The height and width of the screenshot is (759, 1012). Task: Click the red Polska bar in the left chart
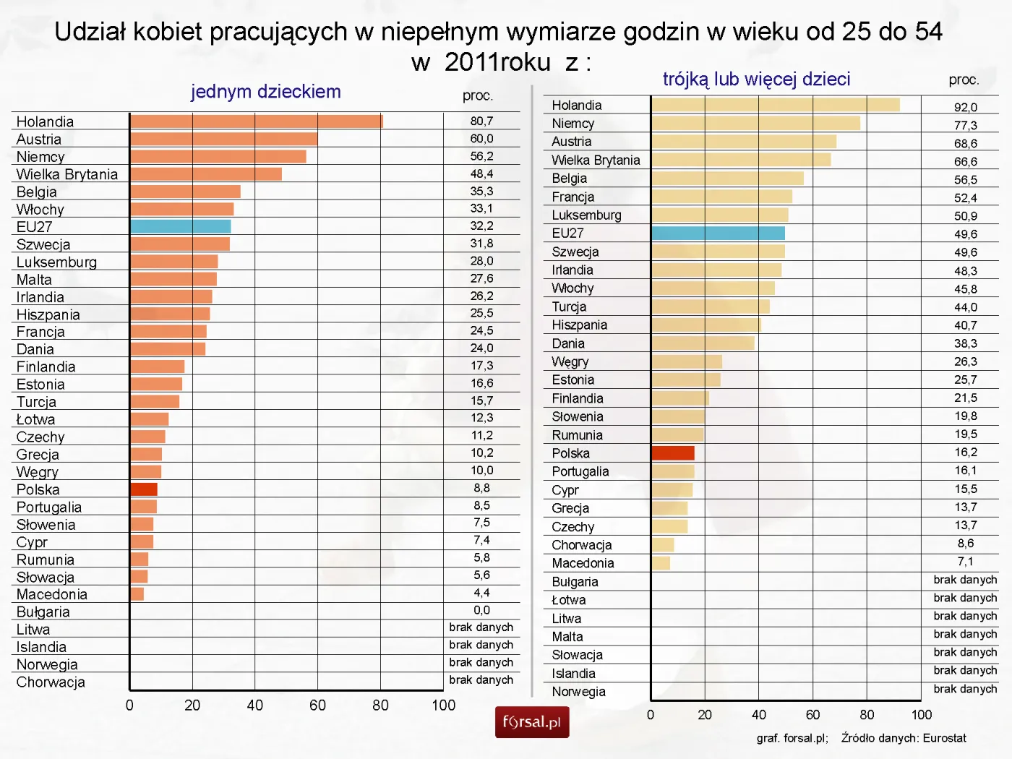click(x=144, y=489)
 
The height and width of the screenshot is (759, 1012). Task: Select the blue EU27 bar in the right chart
click(x=718, y=233)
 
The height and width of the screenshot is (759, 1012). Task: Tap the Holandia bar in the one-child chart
click(x=257, y=121)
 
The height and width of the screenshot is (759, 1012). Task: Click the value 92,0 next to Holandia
click(x=965, y=107)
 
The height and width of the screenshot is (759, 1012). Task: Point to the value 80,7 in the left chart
click(x=481, y=121)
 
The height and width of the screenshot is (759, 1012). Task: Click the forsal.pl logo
click(x=532, y=722)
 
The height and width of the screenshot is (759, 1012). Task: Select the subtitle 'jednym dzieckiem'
click(x=265, y=92)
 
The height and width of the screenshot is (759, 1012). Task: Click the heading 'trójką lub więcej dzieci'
click(x=756, y=80)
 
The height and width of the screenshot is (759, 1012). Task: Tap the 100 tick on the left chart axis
click(x=443, y=706)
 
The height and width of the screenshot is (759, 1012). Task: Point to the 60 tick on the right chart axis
click(x=812, y=715)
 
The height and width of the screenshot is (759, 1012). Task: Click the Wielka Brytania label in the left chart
click(x=67, y=174)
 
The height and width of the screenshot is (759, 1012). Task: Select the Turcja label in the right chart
click(x=569, y=306)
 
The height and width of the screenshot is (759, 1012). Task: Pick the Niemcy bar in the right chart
click(x=755, y=124)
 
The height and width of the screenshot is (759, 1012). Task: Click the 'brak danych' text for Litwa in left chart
click(x=481, y=627)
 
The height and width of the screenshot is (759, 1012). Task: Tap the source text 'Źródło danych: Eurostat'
click(x=904, y=738)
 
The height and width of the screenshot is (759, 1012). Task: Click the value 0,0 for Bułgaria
click(x=481, y=610)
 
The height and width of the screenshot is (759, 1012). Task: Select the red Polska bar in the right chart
click(x=673, y=453)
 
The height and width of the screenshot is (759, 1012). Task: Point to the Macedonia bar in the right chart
click(x=661, y=562)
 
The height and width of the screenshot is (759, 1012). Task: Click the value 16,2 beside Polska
click(x=965, y=453)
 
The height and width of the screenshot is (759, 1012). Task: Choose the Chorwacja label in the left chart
click(x=51, y=682)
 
